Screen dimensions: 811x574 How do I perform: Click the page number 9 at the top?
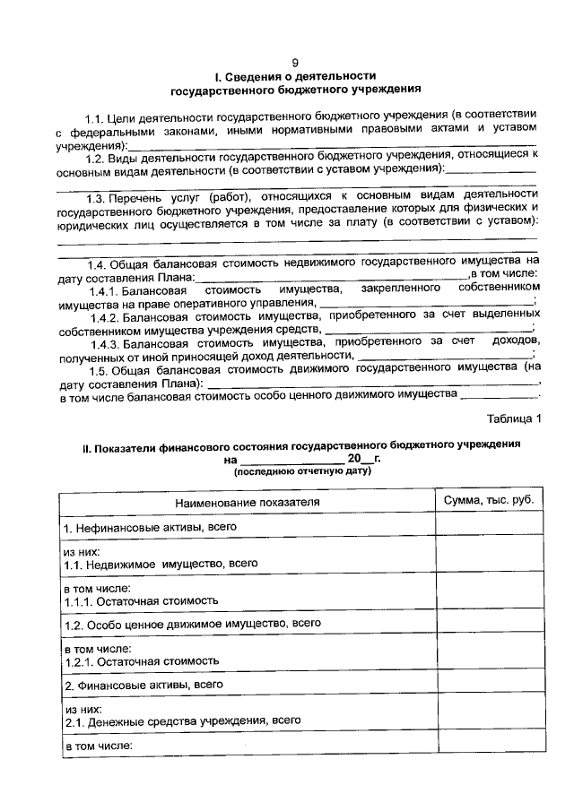(x=296, y=62)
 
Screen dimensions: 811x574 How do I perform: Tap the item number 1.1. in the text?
(x=95, y=117)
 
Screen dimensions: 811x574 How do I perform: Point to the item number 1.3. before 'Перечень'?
(x=96, y=197)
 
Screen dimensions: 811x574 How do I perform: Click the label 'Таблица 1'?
(x=514, y=418)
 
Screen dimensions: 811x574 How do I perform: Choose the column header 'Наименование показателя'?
(x=247, y=503)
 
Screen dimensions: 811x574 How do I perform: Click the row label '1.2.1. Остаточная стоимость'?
(x=142, y=660)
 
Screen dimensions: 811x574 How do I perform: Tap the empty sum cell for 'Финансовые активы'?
(x=489, y=685)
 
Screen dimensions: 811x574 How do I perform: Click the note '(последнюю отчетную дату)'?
(x=302, y=470)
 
